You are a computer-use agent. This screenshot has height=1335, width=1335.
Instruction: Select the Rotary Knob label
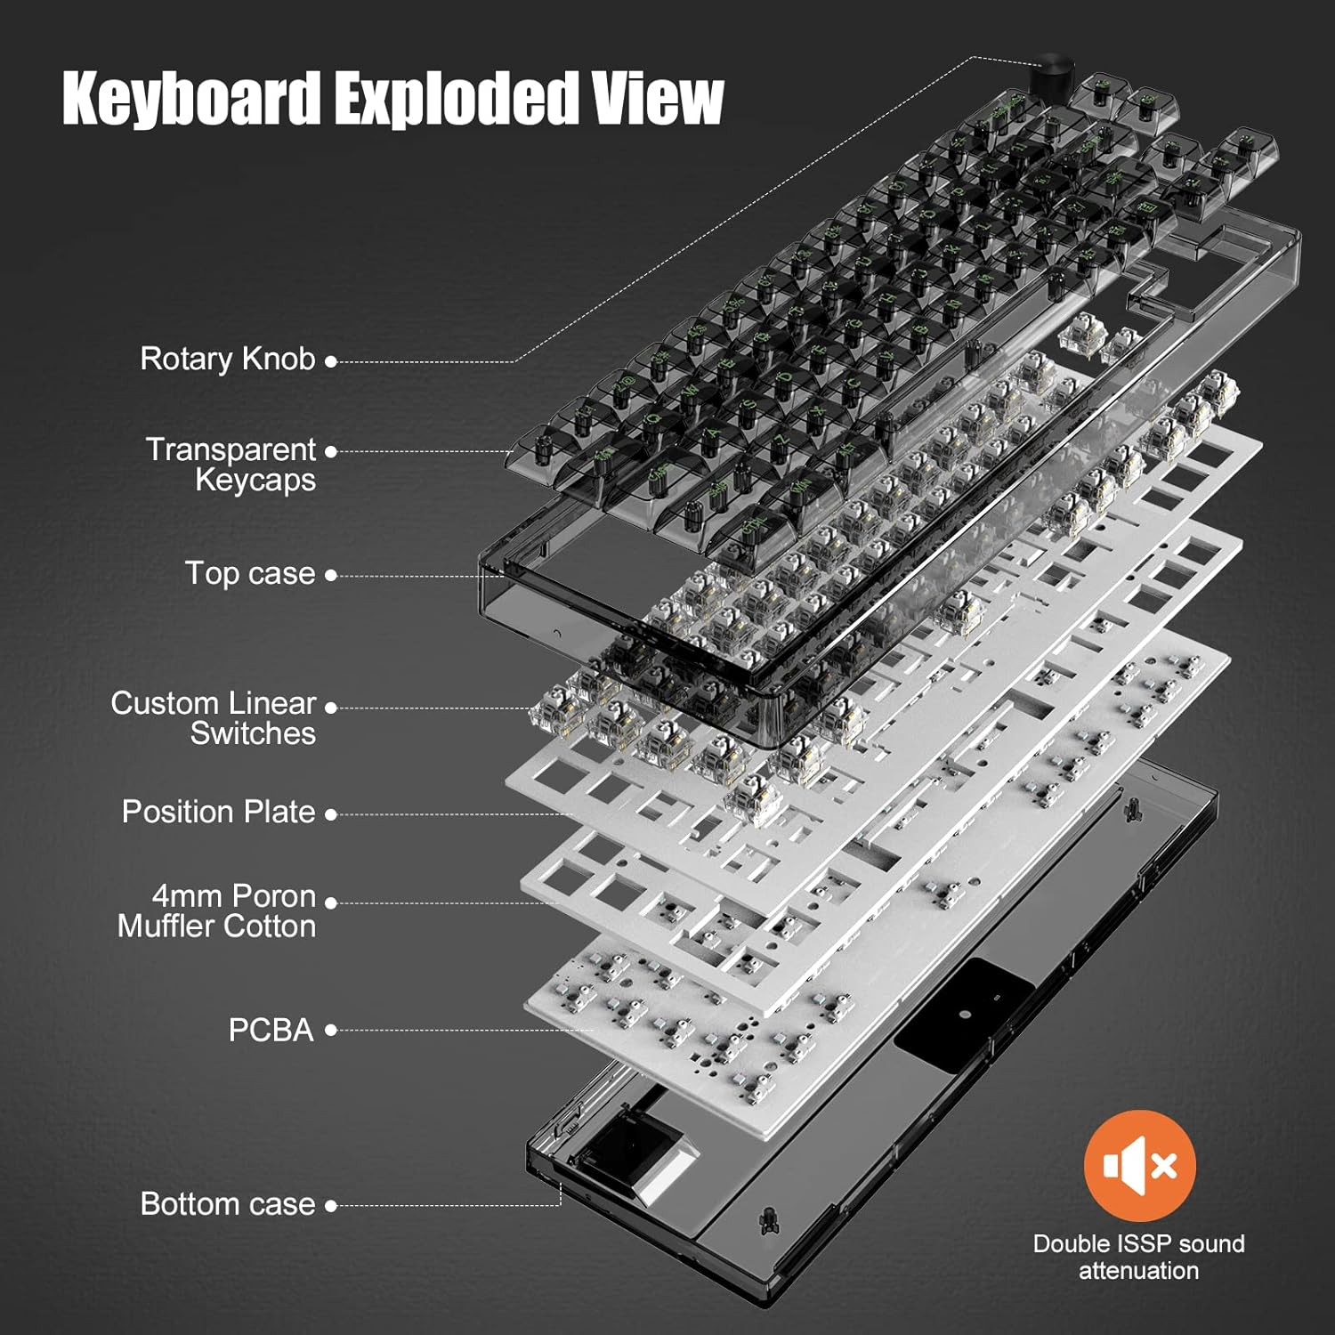(228, 359)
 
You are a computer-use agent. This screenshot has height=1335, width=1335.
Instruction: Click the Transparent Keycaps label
(231, 465)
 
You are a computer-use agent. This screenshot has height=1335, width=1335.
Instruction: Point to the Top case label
(250, 573)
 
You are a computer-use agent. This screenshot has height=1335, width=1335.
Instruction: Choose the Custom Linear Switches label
(214, 718)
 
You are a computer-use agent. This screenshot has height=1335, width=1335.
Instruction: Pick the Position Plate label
(219, 812)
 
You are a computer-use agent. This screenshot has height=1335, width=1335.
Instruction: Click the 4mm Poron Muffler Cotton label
(217, 911)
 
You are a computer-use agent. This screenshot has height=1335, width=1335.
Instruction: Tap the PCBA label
(271, 1030)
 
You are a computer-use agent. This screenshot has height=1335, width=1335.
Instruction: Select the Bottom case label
(228, 1204)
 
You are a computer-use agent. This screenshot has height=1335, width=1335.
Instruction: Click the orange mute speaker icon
(1139, 1165)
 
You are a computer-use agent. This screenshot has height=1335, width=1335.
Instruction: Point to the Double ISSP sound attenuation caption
(1139, 1257)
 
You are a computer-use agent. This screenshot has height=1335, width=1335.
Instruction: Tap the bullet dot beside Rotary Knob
(331, 361)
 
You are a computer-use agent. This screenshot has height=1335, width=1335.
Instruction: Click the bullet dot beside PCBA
(331, 1031)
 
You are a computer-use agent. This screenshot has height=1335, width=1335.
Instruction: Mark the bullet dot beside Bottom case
(331, 1206)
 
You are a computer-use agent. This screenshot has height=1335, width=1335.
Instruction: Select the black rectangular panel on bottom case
(964, 1015)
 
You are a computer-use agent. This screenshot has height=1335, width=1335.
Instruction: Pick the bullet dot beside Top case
(331, 576)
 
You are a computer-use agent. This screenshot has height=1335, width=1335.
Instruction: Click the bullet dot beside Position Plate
(331, 814)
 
